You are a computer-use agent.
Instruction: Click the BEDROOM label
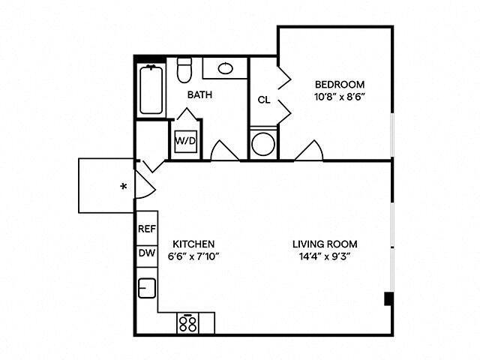339,84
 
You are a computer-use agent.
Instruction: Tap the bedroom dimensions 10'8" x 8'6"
339,97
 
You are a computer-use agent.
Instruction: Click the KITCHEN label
194,244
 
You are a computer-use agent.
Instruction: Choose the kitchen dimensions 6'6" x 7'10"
194,256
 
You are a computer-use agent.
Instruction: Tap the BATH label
199,95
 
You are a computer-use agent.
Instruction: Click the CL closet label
263,100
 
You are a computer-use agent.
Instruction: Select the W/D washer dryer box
186,140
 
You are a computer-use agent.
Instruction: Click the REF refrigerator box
146,230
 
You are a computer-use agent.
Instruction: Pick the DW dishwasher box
146,253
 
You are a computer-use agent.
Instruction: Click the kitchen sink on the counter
147,288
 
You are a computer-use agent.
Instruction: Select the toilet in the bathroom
184,72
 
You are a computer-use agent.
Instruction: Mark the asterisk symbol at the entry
123,186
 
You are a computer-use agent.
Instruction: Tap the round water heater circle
263,144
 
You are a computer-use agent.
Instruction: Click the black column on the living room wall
388,299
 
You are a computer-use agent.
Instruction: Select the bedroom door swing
308,151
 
